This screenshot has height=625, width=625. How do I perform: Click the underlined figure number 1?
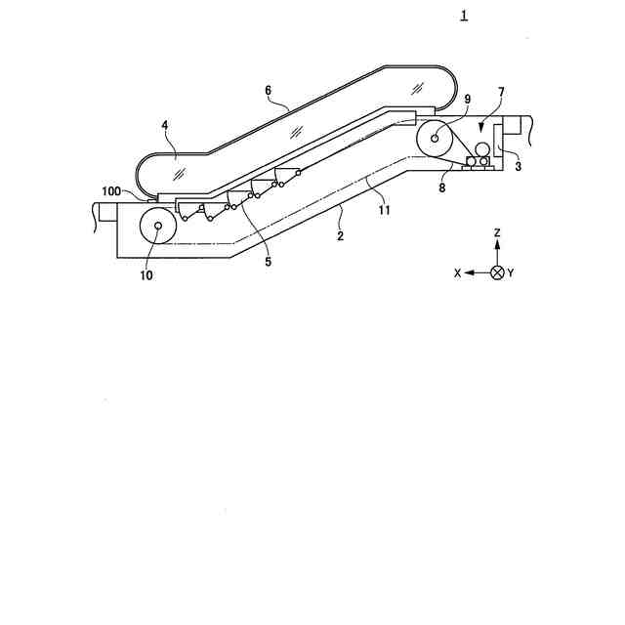point(464,16)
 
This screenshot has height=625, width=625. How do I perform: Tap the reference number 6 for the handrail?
point(268,91)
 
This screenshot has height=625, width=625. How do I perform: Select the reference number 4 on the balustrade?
point(165,126)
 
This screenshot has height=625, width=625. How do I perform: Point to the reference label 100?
point(111,191)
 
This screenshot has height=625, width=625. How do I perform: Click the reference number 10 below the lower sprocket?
point(146,275)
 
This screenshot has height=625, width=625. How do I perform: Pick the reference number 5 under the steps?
point(268,262)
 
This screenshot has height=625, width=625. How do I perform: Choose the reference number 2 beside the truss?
point(340,236)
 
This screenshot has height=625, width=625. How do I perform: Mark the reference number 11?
point(384,210)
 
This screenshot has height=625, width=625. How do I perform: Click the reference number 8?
point(441,187)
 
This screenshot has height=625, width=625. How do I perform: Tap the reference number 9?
point(468,100)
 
